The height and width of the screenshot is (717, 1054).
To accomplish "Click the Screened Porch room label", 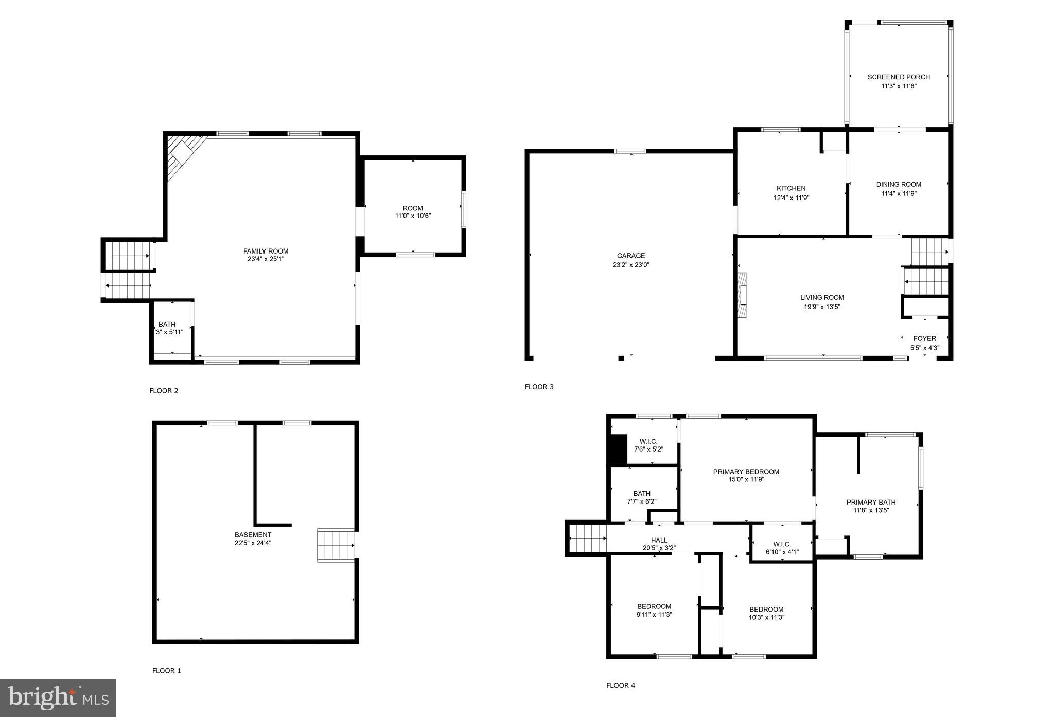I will click(x=899, y=77).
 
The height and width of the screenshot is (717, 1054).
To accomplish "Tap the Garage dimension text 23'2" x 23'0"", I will click(x=631, y=265).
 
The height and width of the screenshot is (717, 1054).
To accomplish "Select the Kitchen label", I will click(x=791, y=188).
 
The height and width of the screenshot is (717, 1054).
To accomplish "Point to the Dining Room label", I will click(x=899, y=184).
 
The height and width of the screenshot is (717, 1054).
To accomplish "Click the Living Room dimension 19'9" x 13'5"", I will click(x=822, y=307).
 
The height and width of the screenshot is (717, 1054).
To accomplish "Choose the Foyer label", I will click(x=924, y=338).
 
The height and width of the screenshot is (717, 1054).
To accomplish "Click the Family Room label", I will click(x=266, y=251).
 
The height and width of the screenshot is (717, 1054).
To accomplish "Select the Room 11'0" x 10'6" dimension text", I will click(x=413, y=216).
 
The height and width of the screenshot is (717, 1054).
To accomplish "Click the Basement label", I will click(x=253, y=534).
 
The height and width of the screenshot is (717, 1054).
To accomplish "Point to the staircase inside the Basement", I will click(x=336, y=545).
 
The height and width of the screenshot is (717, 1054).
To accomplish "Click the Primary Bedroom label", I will click(x=746, y=472).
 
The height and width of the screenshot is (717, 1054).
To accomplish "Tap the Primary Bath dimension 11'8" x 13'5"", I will click(x=871, y=510).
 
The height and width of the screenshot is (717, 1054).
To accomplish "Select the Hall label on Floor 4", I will click(x=659, y=540).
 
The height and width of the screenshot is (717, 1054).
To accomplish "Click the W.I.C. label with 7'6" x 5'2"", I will click(x=648, y=441).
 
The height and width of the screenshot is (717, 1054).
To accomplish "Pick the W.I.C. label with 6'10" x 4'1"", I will click(x=782, y=544).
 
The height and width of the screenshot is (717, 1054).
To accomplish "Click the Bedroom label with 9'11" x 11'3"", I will click(x=654, y=606).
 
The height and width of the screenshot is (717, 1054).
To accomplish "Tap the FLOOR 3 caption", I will click(x=539, y=387).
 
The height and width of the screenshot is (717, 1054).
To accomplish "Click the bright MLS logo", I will click(x=58, y=697).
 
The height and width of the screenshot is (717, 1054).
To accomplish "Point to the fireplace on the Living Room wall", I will click(x=742, y=295).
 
